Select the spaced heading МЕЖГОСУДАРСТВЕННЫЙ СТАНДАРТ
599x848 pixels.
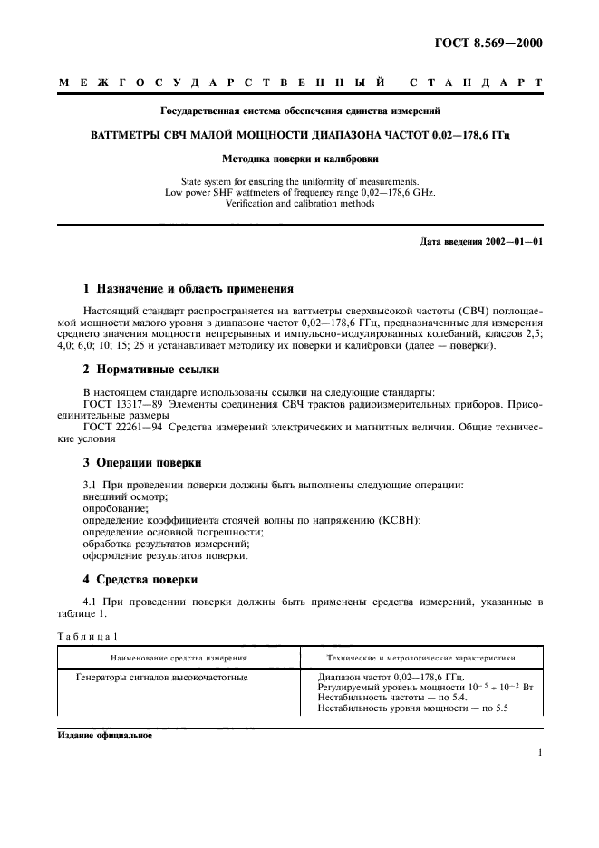(x=300, y=83)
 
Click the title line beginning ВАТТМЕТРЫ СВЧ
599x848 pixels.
(x=300, y=133)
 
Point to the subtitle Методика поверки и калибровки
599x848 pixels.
(x=300, y=158)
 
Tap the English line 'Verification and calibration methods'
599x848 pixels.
(x=300, y=204)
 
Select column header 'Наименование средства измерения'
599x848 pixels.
(x=179, y=657)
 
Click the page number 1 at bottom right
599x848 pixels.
(x=540, y=752)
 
